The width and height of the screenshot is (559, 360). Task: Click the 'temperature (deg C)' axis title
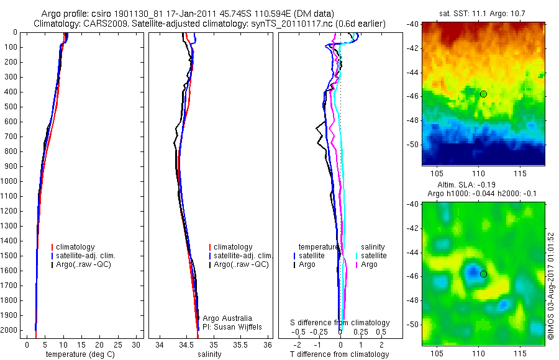tap(78, 354)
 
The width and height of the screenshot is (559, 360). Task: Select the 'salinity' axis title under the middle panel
tap(209, 354)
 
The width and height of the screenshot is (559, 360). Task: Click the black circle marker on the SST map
tap(483, 94)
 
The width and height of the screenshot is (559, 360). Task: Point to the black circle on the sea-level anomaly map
tap(483, 274)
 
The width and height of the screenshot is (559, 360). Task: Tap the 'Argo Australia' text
tap(227, 318)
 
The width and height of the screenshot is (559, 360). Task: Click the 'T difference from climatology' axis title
tap(339, 354)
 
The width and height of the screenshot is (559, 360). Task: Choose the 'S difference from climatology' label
tap(340, 323)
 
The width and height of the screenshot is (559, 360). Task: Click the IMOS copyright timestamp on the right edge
tap(551, 286)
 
